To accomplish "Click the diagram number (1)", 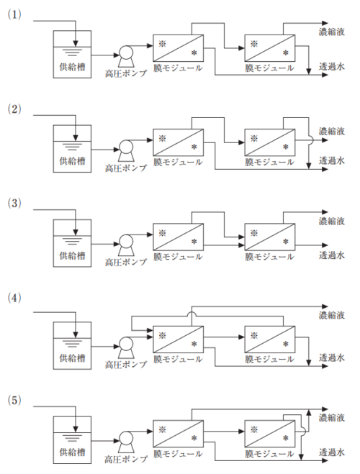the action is (x=14, y=14).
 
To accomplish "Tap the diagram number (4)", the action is (x=14, y=298).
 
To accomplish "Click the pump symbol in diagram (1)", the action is (x=126, y=55).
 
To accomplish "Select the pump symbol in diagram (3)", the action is (x=126, y=245).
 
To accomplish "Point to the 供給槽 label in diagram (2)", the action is (x=72, y=160).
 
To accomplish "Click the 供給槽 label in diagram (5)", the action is (x=72, y=452).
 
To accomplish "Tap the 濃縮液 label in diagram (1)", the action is (x=332, y=32).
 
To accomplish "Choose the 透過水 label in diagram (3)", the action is (x=332, y=255).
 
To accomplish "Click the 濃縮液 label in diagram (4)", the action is (x=332, y=315).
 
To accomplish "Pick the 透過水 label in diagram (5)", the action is (x=332, y=452).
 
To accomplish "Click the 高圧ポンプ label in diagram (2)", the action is (x=126, y=168).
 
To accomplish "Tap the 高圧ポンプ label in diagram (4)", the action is (x=126, y=365).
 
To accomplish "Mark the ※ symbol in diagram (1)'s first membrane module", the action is (x=163, y=44).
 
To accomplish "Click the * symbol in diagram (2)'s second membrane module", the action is (x=286, y=147).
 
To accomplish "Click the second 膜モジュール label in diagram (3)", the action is (x=269, y=257).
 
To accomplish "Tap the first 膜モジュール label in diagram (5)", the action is (x=178, y=453).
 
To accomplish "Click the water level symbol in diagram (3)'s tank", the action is (x=72, y=241).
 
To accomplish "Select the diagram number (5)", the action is (x=14, y=400).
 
